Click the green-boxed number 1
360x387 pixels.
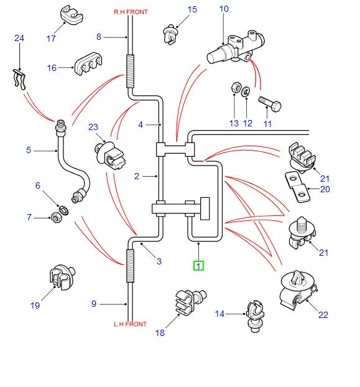point(198,266)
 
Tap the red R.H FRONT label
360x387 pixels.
point(131,12)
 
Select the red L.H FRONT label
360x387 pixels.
point(130,324)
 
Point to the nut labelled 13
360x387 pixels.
point(236,88)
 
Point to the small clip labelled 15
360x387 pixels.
point(170,31)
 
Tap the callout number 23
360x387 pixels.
point(93,128)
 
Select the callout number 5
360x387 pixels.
point(29,151)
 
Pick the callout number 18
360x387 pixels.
point(160,333)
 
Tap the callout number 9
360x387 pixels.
point(94,304)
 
